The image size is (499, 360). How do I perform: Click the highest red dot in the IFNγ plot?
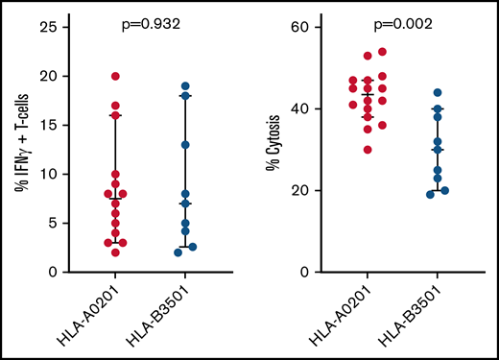[116, 76]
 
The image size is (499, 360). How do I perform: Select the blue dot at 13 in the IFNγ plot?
[185, 145]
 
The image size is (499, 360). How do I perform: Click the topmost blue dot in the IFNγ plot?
[185, 86]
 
